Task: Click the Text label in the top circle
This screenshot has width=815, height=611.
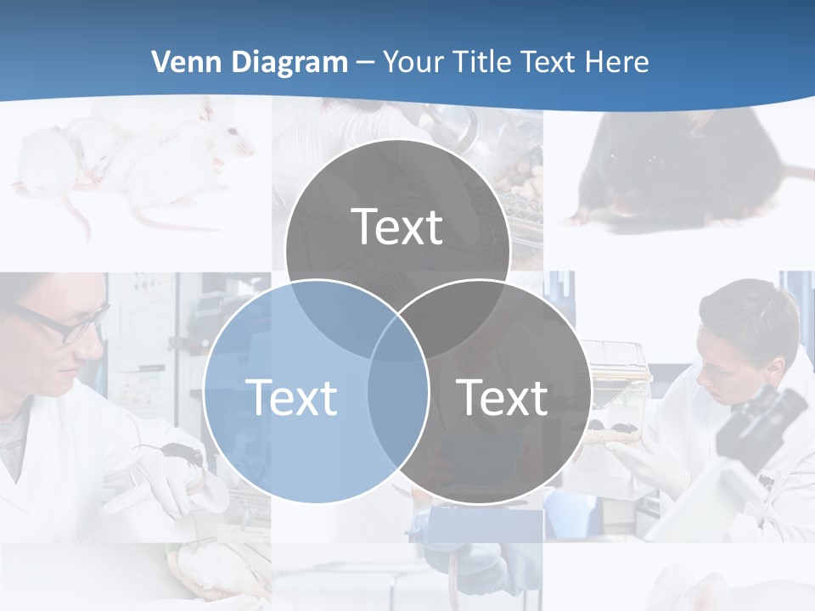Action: tap(397, 227)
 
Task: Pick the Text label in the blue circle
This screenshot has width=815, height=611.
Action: tap(291, 397)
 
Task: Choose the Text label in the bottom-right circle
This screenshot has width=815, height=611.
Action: tap(502, 397)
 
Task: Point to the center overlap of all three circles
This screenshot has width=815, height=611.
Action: tap(397, 339)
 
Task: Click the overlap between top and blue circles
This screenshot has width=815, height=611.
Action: tap(331, 314)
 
